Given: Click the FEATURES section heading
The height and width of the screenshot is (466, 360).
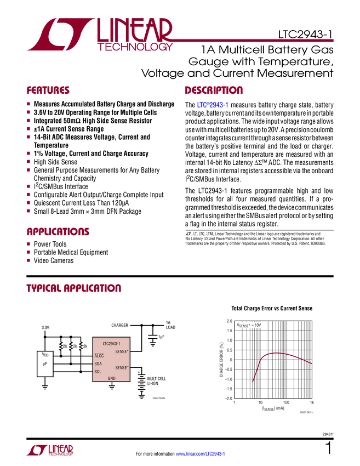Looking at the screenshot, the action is [48, 90].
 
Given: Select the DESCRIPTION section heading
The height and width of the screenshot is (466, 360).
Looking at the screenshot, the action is [214, 90].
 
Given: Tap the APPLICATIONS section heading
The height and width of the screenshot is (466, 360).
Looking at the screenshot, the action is [58, 232].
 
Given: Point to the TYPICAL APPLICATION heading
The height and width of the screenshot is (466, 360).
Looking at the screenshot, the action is [73, 288].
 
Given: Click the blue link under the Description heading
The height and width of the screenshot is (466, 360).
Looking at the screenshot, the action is [212, 105].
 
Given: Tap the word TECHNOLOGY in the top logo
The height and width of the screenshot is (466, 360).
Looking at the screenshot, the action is [135, 48].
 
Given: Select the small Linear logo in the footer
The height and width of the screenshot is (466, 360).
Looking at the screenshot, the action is [49, 451].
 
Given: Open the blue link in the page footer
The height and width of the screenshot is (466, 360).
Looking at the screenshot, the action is [200, 454].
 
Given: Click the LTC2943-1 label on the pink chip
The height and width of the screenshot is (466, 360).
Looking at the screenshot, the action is [111, 344].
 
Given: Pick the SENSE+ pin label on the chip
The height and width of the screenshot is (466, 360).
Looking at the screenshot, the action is [122, 351].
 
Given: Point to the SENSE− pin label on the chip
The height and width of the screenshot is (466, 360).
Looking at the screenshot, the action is [122, 368].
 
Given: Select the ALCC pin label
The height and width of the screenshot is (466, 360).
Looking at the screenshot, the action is [99, 356].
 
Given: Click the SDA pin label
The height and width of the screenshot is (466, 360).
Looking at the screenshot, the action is [98, 363].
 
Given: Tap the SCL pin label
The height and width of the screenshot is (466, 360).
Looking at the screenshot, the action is [98, 371].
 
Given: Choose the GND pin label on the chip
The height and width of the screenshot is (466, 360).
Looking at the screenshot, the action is [111, 378].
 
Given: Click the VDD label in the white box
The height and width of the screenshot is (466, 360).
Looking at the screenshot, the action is [45, 355].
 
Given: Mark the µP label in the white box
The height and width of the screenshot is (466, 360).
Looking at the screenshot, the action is [45, 363].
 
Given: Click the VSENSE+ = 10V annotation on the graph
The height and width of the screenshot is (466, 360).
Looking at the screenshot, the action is [249, 325].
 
